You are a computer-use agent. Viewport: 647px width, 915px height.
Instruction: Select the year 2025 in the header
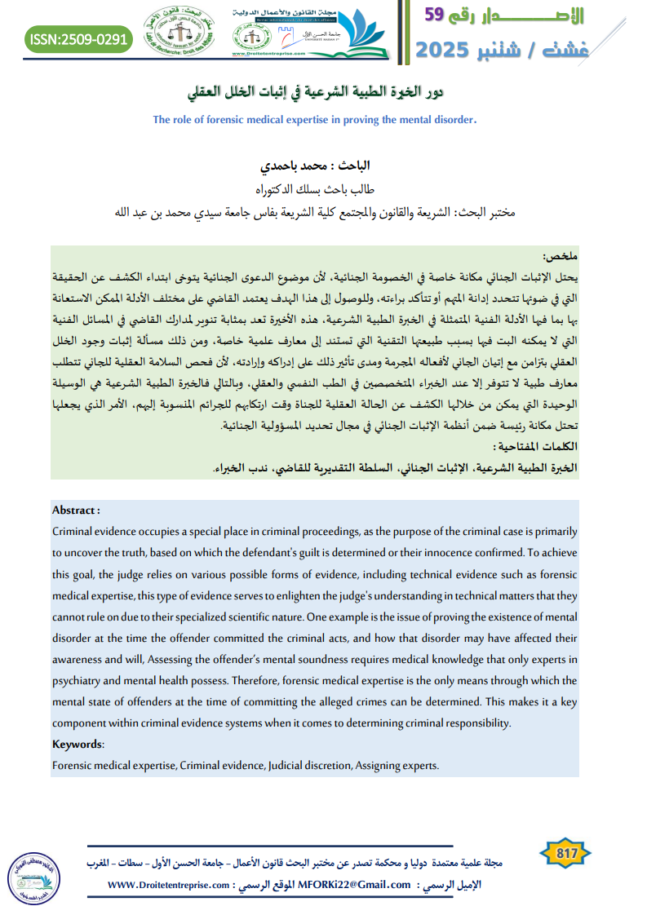coord(447,51)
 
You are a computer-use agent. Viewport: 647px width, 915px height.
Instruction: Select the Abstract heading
coord(76,511)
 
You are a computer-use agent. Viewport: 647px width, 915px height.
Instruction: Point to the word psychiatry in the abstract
coord(79,680)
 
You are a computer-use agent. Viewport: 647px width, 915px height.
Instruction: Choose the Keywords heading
coord(78,744)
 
